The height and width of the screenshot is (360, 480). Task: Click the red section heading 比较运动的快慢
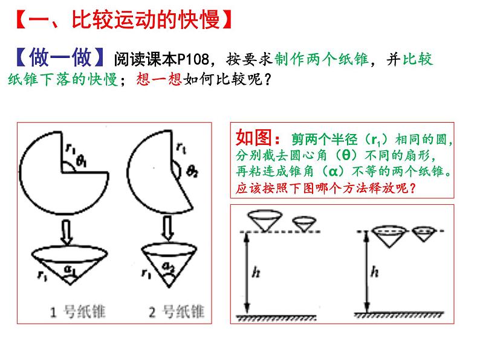tap(146, 20)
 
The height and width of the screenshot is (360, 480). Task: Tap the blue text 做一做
tap(60, 57)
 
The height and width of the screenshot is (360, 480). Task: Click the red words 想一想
tap(159, 79)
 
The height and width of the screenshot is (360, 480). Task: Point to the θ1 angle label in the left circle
tap(82, 161)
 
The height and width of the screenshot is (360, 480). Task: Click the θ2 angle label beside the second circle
tap(192, 172)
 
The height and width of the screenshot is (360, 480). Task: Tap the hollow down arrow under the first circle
tap(66, 232)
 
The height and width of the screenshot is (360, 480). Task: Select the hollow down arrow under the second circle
tap(167, 229)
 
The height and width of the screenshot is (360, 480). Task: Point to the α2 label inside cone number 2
tap(169, 267)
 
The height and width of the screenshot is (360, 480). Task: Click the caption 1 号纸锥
tap(78, 312)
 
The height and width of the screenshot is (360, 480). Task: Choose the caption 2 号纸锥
tap(177, 312)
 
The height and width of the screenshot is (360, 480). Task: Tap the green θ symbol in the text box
tap(346, 155)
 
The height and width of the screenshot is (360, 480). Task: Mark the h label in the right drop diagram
tap(374, 271)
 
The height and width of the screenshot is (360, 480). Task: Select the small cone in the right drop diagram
tap(424, 234)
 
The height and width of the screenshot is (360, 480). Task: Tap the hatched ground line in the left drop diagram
tap(276, 318)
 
